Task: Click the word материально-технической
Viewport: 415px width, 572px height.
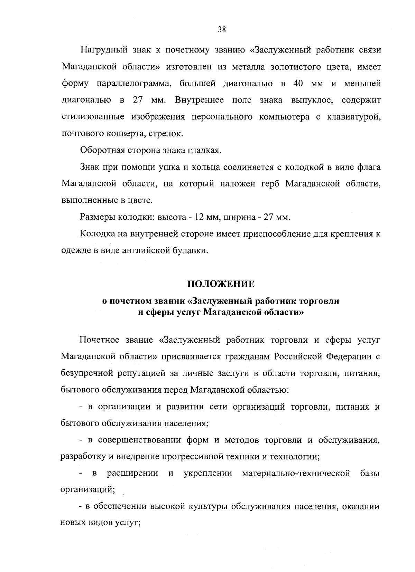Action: click(296, 473)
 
